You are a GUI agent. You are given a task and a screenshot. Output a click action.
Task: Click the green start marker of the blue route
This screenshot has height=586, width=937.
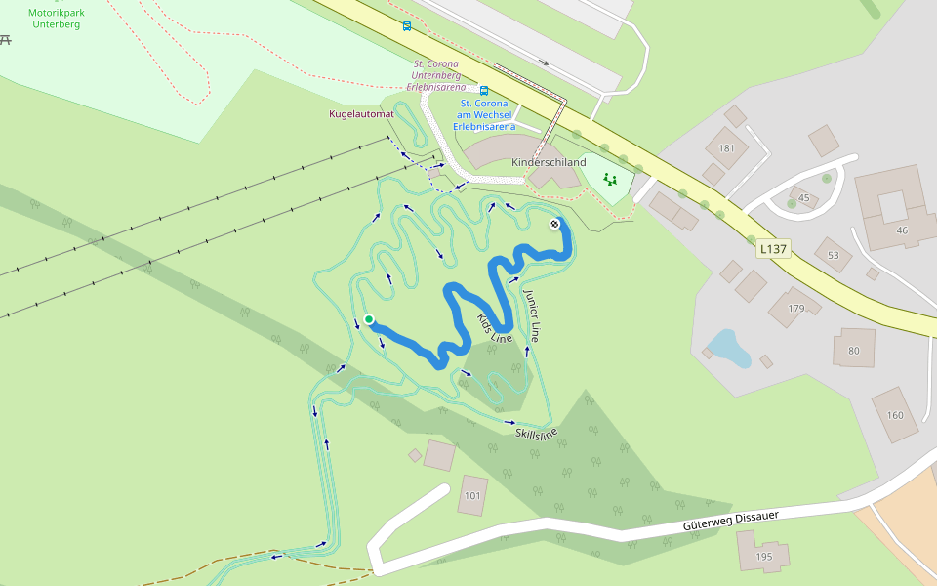tap(369, 319)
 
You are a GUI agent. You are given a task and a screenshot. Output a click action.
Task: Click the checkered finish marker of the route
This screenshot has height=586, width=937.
tap(554, 224)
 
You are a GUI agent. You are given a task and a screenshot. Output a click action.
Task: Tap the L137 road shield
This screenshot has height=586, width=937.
tap(773, 249)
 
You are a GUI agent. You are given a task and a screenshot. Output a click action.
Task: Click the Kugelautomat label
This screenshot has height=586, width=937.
tap(361, 114)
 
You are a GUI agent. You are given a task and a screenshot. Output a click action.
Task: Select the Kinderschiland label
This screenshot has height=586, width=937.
tap(549, 162)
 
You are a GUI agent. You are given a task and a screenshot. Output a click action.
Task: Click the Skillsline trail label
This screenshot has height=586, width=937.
tap(536, 432)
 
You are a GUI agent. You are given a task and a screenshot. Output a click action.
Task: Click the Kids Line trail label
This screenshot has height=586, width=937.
tap(494, 328)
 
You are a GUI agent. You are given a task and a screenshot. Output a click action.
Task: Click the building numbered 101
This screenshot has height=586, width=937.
tap(472, 495)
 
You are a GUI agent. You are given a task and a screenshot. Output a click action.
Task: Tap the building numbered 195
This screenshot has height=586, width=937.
tap(763, 556)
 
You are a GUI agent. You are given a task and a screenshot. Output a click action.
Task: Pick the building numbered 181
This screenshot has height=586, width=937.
tap(726, 148)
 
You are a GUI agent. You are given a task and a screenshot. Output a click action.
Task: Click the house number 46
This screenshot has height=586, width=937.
tap(901, 230)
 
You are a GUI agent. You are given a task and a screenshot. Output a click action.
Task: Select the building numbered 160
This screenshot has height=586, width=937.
tap(895, 414)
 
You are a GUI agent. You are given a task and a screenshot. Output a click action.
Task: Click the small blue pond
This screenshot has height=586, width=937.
tap(729, 347)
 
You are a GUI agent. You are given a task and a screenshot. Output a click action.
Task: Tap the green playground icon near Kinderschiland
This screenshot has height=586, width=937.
tap(610, 179)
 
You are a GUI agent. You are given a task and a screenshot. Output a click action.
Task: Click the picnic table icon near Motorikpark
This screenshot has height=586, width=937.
tap(6, 39)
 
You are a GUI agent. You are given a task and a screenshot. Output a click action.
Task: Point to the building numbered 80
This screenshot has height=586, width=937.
tap(854, 350)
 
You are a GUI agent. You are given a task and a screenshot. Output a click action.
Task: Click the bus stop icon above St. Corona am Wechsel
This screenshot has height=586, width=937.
tap(484, 90)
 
